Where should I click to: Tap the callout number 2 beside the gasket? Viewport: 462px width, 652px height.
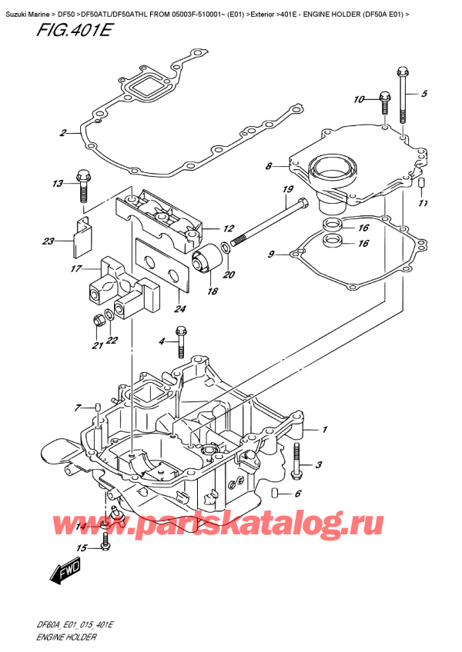(64, 134)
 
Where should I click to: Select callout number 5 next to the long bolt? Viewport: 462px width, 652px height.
(423, 94)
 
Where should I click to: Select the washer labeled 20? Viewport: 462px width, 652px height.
(225, 248)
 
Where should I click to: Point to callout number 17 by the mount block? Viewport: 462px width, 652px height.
(75, 269)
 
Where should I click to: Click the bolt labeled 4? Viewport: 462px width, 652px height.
(182, 335)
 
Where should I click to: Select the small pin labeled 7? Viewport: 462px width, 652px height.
(98, 407)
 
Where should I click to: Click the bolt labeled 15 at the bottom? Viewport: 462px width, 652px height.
(106, 547)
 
